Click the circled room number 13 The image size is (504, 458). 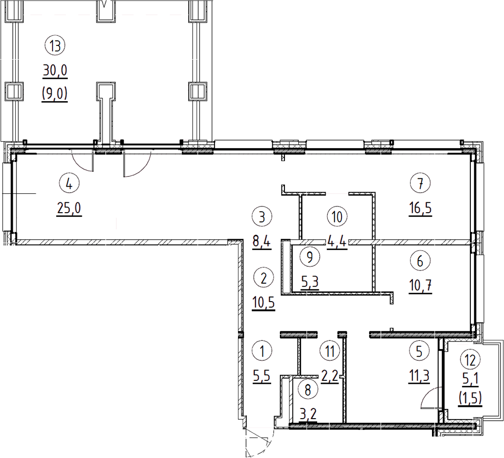coord(55,45)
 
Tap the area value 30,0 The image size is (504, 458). coord(55,71)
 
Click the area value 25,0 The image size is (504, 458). coord(69,209)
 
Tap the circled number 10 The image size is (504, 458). coord(337,217)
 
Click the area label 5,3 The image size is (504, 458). coord(310,282)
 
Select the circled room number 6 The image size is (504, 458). coord(420,261)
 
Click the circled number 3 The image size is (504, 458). coord(262,217)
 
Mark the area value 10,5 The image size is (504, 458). coord(264,303)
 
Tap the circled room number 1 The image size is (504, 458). coord(262,351)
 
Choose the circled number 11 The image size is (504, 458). coord(330,351)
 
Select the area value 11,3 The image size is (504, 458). coord(419,376)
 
